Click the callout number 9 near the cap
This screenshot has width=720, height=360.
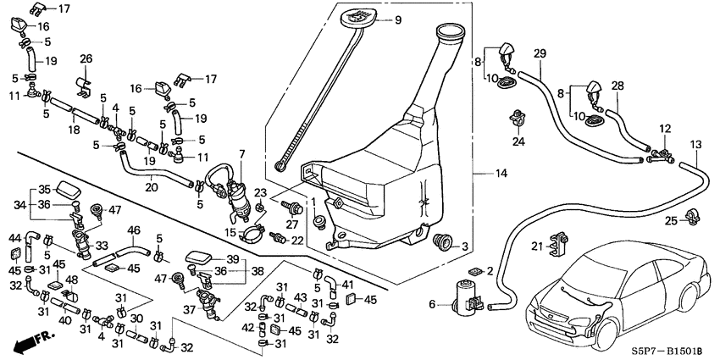[x=397, y=19]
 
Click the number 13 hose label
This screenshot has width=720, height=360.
[x=695, y=144]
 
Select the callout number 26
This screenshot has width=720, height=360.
[x=86, y=58]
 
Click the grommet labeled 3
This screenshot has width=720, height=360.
[x=441, y=242]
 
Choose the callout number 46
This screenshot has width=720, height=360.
[x=134, y=230]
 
